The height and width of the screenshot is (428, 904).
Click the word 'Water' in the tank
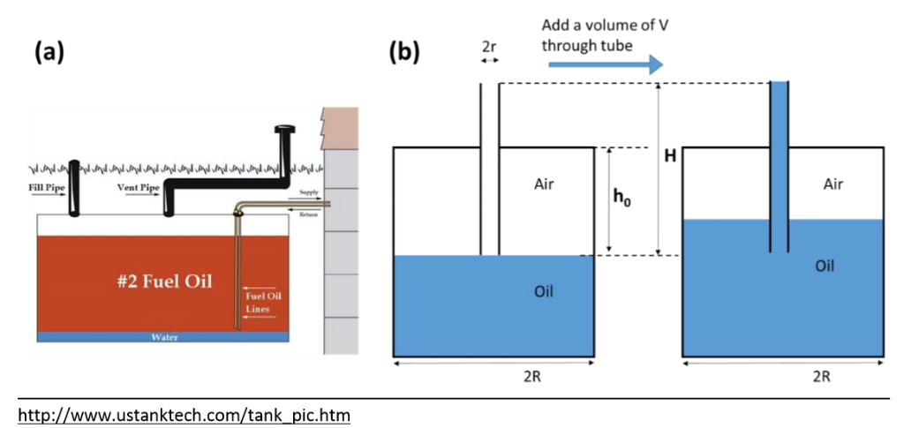[164, 337]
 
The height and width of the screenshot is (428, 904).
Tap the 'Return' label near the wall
[309, 214]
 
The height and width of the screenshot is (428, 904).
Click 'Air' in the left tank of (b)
[545, 185]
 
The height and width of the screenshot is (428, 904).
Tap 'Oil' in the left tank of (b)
[544, 291]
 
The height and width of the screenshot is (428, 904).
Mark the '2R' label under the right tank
[821, 376]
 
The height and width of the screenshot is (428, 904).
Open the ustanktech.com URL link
[185, 412]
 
